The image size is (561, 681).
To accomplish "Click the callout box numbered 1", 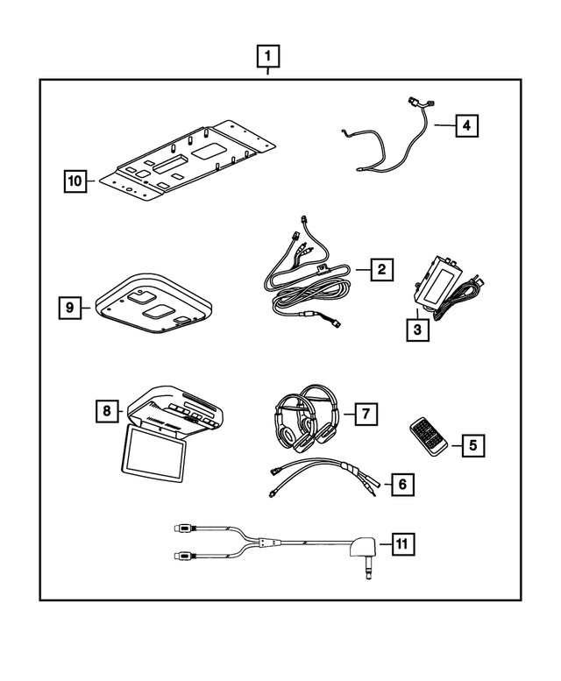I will tap(268, 57).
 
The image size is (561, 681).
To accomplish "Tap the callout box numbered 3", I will tap(417, 330).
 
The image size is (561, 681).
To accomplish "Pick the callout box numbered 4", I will tap(466, 126).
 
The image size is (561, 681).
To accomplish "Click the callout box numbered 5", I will tap(472, 445).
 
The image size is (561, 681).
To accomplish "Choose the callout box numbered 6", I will tap(401, 483).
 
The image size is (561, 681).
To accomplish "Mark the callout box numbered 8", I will tap(106, 409).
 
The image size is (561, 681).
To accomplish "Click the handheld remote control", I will tap(429, 436).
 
